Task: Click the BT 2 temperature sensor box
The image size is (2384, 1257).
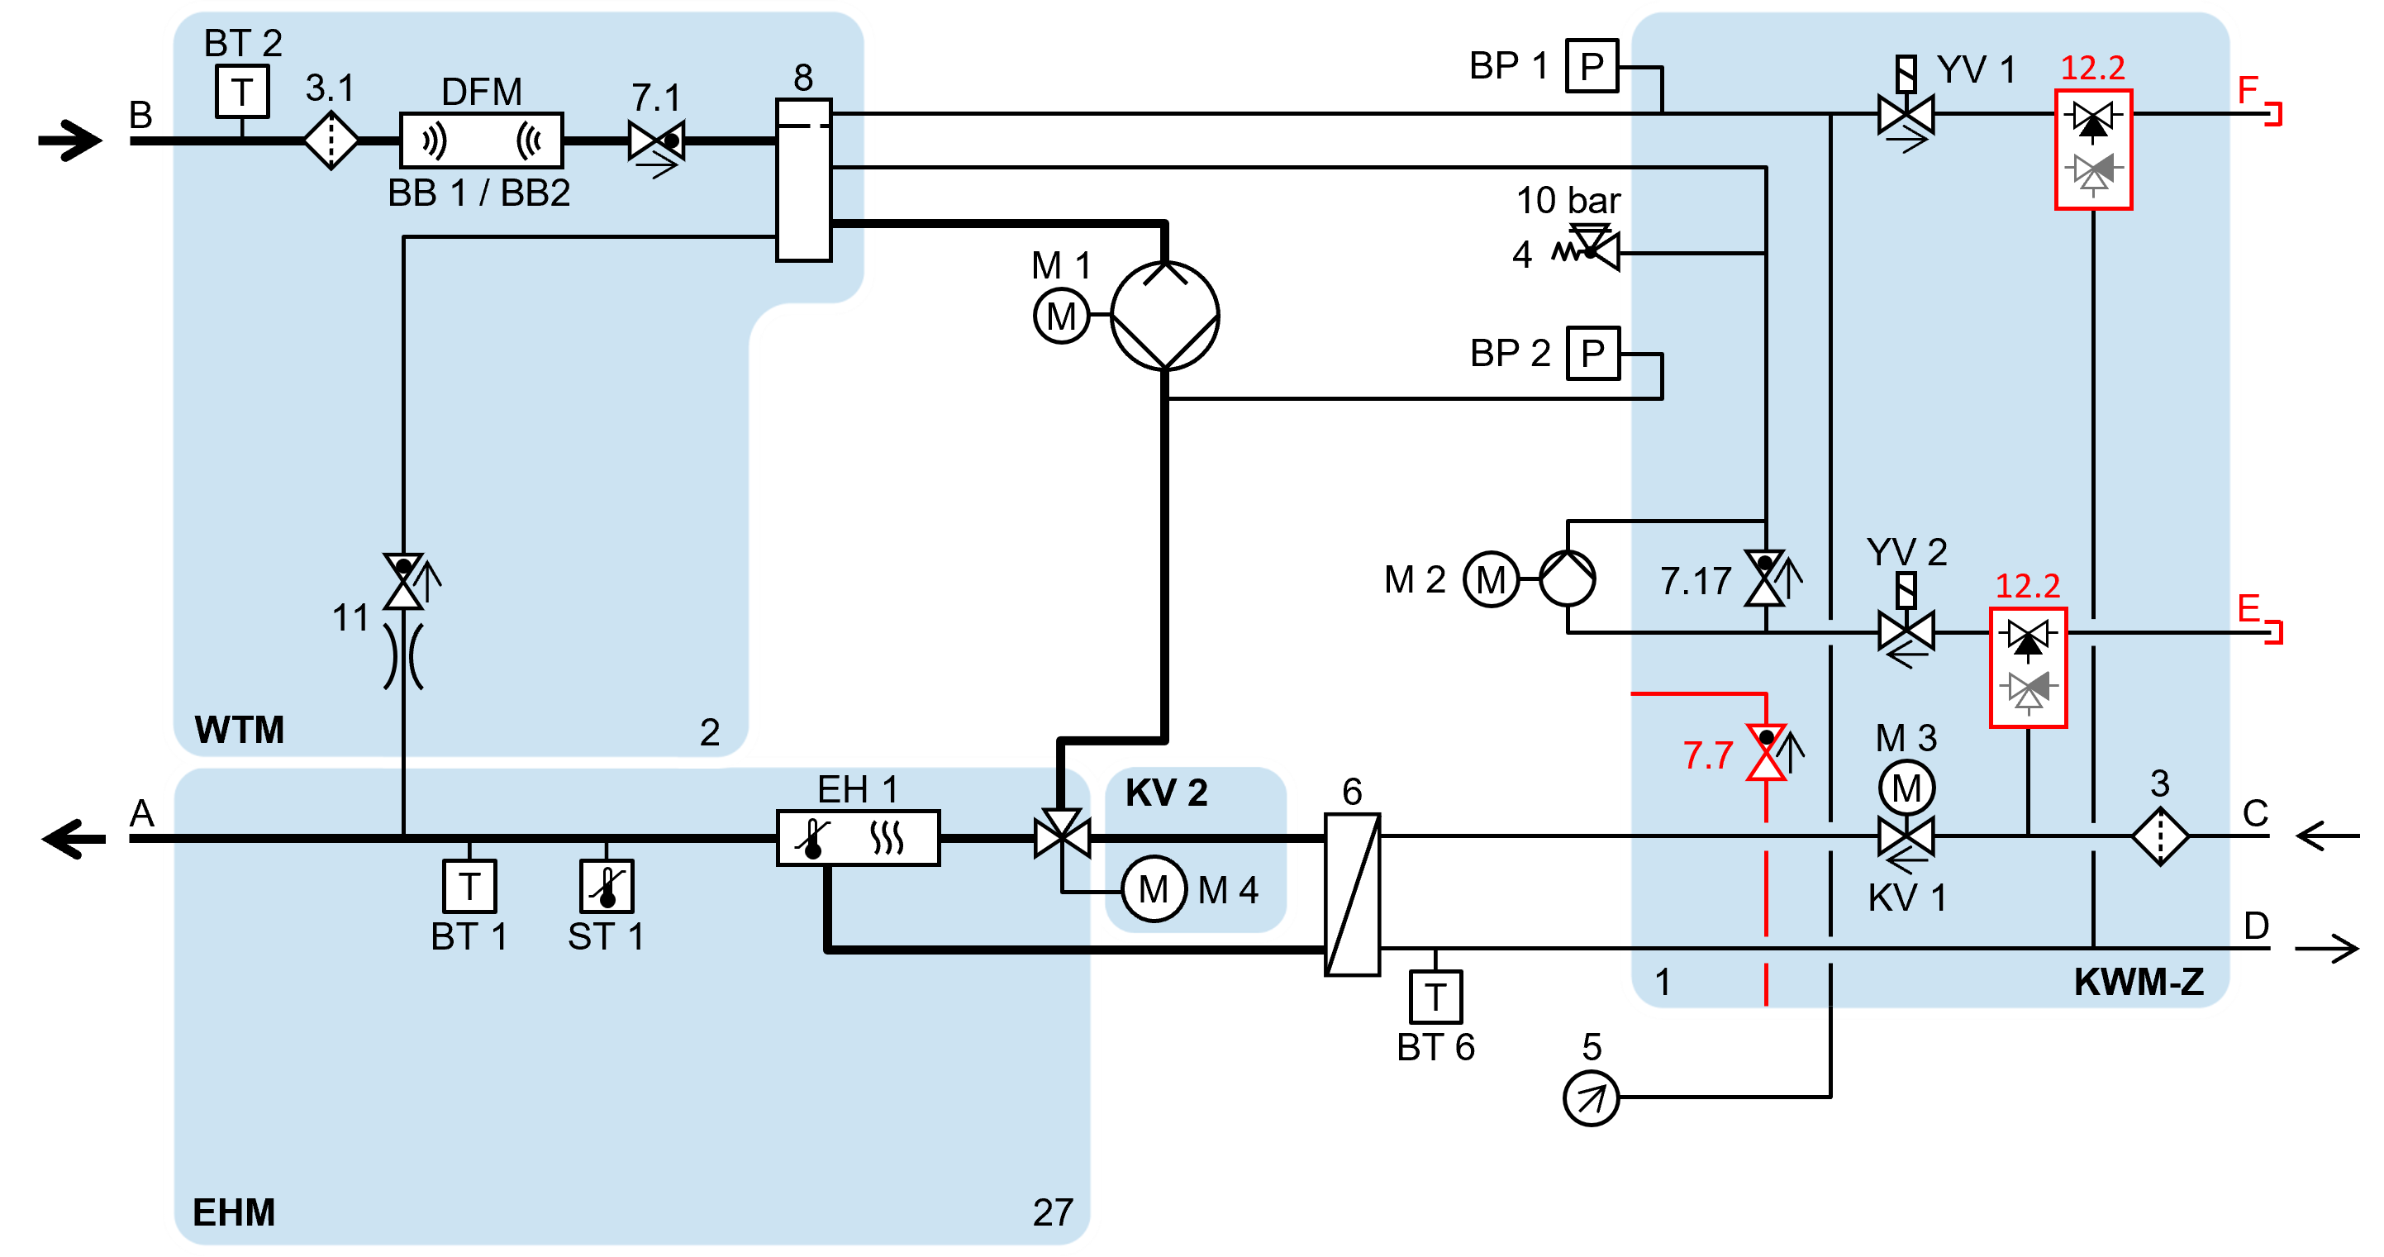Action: (x=242, y=92)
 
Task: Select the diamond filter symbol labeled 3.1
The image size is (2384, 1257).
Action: (x=331, y=140)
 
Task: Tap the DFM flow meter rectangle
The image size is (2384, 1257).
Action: (x=481, y=140)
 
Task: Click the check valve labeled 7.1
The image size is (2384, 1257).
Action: (x=656, y=141)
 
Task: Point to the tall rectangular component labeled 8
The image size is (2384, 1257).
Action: (x=803, y=180)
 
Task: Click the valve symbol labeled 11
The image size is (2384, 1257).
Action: (x=403, y=581)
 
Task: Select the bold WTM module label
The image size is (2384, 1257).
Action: (x=239, y=730)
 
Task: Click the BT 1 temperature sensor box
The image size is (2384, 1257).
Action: (x=469, y=886)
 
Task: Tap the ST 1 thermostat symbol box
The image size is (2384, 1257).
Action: (x=607, y=886)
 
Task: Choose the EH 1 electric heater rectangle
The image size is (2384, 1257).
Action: (x=858, y=839)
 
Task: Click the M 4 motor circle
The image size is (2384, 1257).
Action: (x=1153, y=889)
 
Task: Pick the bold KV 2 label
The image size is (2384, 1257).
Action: (x=1166, y=793)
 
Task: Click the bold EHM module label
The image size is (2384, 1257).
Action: (x=233, y=1212)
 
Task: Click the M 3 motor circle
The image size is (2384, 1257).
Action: (x=1906, y=788)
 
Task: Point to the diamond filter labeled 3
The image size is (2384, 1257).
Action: (x=2160, y=837)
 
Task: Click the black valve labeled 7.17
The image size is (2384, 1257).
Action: (x=1765, y=578)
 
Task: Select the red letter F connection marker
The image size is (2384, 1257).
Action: (x=2248, y=89)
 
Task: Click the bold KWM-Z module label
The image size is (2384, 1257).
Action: (x=2139, y=981)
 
